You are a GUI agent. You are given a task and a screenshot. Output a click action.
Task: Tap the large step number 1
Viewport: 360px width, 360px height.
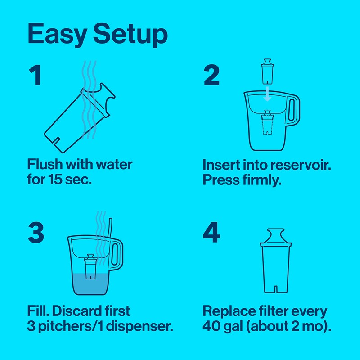[x=35, y=76]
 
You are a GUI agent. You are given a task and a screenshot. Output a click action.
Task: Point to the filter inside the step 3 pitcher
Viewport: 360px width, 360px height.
[x=91, y=268]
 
